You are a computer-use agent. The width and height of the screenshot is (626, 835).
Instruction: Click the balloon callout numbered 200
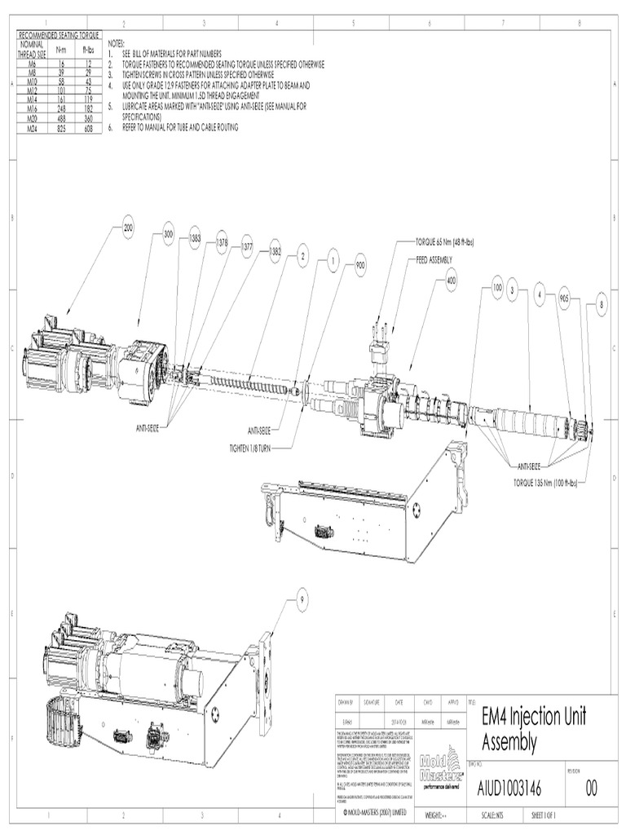pos(128,229)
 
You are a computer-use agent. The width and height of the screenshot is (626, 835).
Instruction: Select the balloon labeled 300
pos(169,234)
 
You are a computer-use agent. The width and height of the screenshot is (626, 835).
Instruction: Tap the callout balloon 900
pos(360,266)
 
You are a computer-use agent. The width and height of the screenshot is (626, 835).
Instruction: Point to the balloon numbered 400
pos(452,280)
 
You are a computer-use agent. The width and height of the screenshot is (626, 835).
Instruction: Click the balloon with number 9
pos(302,599)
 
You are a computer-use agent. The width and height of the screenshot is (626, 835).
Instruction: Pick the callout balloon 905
pos(564,298)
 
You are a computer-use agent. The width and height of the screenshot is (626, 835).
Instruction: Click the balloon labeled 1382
pos(276,254)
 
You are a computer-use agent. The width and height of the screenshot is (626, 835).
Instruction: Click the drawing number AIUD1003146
pos(510,789)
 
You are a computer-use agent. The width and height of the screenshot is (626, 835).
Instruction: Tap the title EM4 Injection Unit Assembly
pos(534,729)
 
